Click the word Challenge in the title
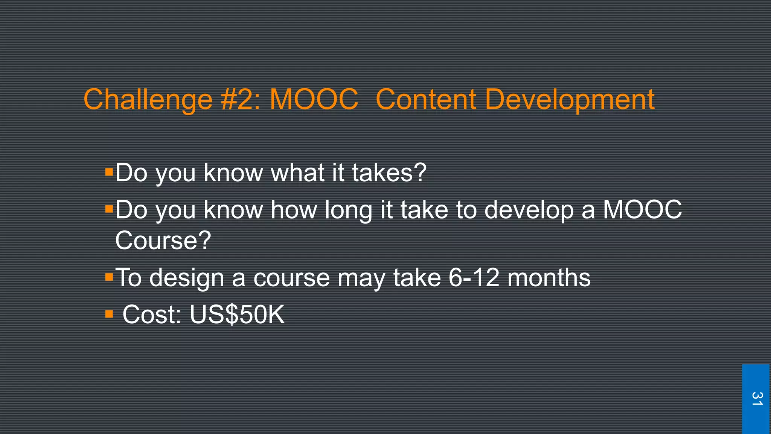click(148, 100)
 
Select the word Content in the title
click(426, 99)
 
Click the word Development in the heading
click(570, 100)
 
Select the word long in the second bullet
click(348, 210)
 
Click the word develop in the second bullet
click(529, 210)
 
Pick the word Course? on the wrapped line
click(163, 240)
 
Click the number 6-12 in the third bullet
click(474, 278)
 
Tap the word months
click(549, 278)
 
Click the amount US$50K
click(237, 314)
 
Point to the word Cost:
click(152, 314)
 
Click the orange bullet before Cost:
click(109, 314)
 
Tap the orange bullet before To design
click(109, 278)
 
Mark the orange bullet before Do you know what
click(109, 173)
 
